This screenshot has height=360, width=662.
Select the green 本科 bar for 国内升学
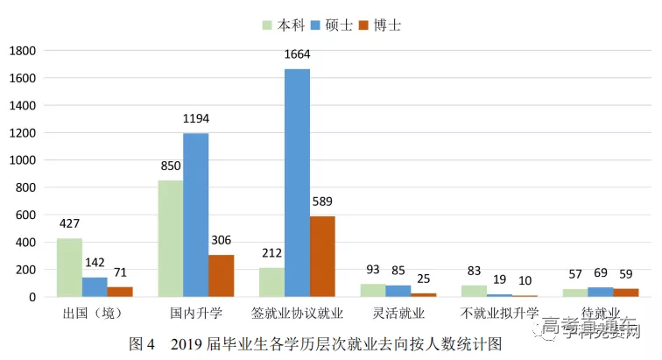tap(170, 238)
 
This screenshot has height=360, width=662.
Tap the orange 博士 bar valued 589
tap(322, 256)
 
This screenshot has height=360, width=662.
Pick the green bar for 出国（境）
tap(69, 267)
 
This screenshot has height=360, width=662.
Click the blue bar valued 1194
tap(195, 215)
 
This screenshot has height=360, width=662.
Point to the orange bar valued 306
tap(221, 275)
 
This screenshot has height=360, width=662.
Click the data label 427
tap(69, 224)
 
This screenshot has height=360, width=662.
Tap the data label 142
tap(95, 263)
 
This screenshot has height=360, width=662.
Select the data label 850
tap(170, 166)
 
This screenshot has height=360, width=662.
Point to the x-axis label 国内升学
tap(195, 313)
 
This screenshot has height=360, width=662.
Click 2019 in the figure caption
tap(190, 343)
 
